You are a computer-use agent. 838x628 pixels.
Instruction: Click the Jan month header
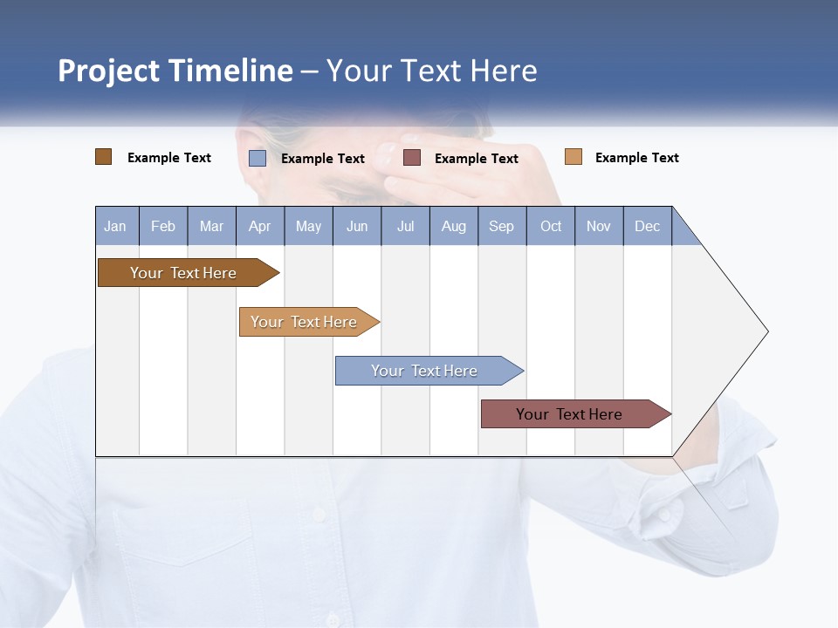pyautogui.click(x=116, y=226)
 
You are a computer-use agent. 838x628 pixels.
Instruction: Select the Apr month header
pyautogui.click(x=260, y=226)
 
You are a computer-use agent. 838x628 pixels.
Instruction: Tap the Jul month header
pyautogui.click(x=405, y=226)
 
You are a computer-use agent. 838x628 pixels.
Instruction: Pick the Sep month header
pyautogui.click(x=501, y=226)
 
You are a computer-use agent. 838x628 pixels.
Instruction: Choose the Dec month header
pyautogui.click(x=647, y=226)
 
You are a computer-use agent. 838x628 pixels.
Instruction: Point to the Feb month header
pyautogui.click(x=163, y=226)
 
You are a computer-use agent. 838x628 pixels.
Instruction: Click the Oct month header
pyautogui.click(x=551, y=226)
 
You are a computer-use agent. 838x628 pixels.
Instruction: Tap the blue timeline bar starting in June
pyautogui.click(x=425, y=371)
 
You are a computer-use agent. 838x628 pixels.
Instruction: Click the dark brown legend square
pyautogui.click(x=103, y=157)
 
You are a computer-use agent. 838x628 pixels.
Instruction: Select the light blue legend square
pyautogui.click(x=257, y=158)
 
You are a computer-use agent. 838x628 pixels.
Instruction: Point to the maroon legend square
pyautogui.click(x=412, y=158)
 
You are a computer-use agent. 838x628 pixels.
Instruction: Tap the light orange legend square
pyautogui.click(x=573, y=157)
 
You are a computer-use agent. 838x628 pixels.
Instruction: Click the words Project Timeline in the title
pyautogui.click(x=175, y=71)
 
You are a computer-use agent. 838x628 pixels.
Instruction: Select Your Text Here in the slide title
pyautogui.click(x=432, y=71)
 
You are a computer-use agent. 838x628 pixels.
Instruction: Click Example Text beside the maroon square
pyautogui.click(x=476, y=159)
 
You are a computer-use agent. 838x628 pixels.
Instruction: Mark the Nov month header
pyautogui.click(x=599, y=226)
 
